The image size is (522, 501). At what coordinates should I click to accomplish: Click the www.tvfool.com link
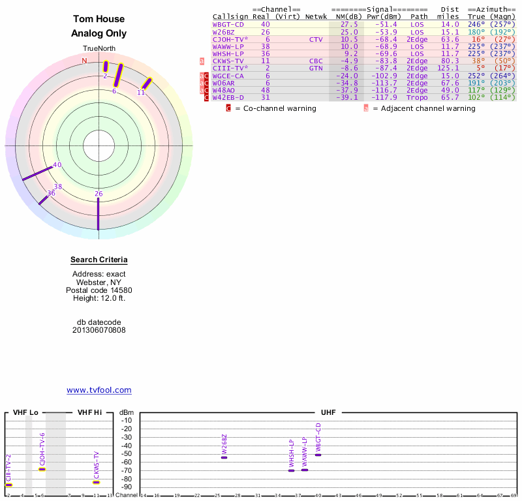point(99,390)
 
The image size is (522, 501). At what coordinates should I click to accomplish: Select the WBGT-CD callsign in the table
point(228,24)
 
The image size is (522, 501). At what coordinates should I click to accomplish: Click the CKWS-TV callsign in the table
point(228,61)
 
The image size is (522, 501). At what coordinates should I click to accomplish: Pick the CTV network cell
point(316,39)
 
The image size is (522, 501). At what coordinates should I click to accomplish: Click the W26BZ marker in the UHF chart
point(224,457)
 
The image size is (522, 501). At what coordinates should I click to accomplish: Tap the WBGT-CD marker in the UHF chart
point(318,454)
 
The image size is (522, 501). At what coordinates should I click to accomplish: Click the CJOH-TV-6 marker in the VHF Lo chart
point(42,469)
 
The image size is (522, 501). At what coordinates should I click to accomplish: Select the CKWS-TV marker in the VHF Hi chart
point(96,482)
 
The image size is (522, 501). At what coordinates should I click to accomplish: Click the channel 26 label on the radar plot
point(99,194)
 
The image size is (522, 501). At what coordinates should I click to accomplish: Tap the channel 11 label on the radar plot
point(141,93)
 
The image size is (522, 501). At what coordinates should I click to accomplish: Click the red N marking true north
point(84,61)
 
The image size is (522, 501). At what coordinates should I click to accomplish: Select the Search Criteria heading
point(99,260)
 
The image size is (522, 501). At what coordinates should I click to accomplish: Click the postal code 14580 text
point(99,290)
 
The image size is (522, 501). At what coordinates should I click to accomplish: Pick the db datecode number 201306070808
point(99,330)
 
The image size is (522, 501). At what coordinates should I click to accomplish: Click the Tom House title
point(99,20)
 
